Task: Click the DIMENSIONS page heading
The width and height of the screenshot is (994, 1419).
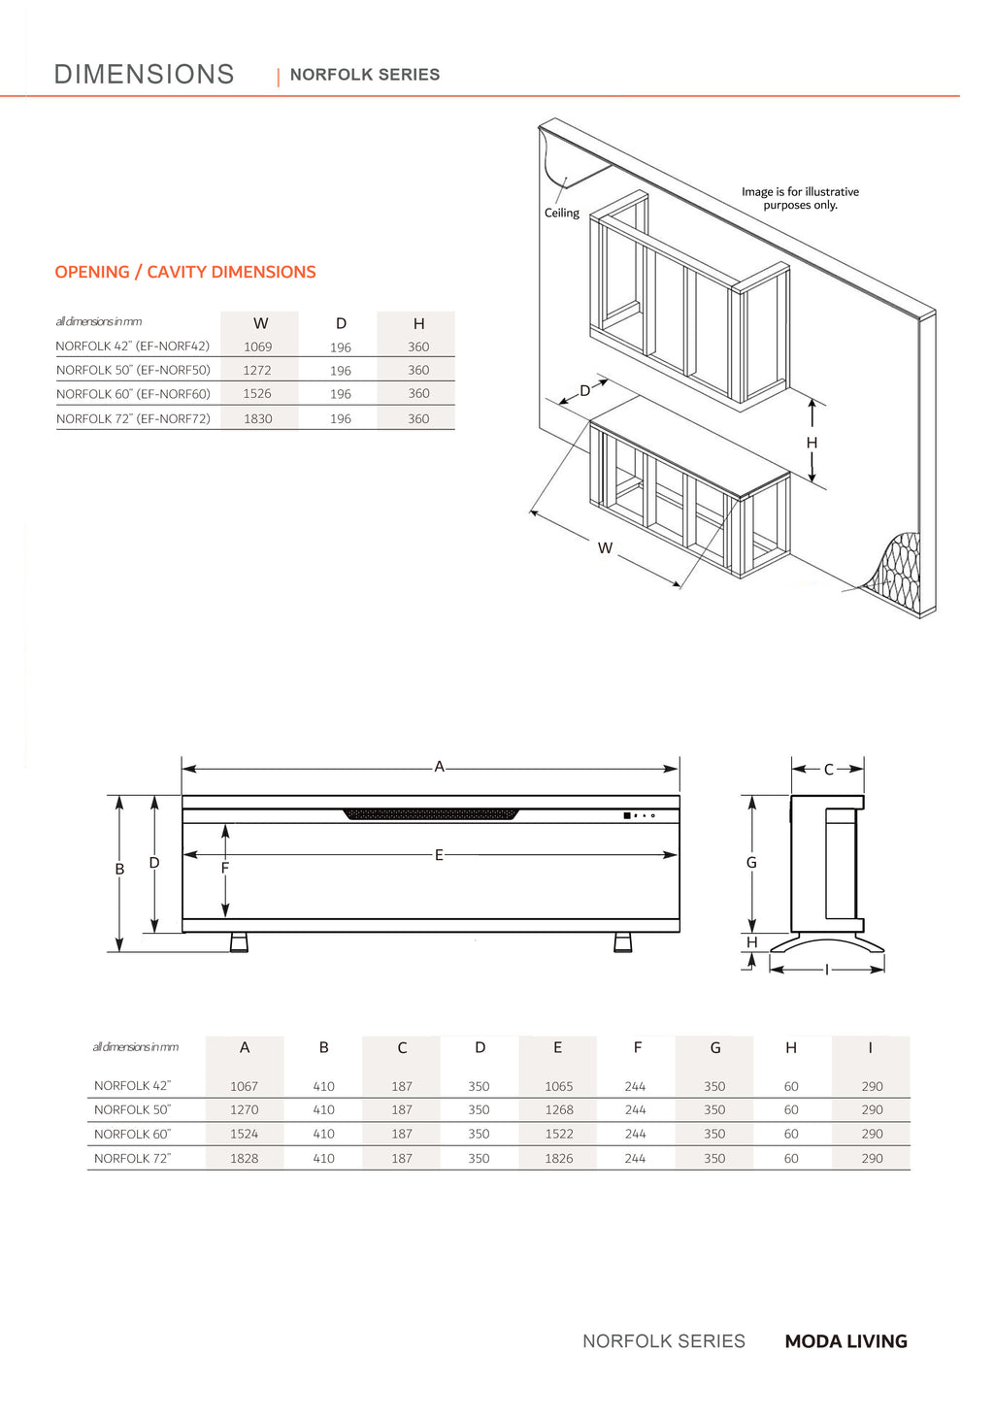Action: [144, 74]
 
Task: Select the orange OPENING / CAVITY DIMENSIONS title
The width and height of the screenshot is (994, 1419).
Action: [185, 272]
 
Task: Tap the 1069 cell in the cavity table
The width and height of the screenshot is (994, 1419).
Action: [258, 346]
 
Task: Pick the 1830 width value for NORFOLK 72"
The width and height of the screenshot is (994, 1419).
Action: [258, 418]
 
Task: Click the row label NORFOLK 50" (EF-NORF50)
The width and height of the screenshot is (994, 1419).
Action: [133, 370]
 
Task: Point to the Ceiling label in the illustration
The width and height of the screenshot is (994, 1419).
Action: [561, 213]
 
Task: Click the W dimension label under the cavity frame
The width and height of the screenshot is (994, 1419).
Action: [605, 548]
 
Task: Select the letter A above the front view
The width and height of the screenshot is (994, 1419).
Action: [439, 767]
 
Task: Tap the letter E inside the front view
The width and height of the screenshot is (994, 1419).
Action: [439, 855]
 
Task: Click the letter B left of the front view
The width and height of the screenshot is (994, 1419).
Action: [119, 870]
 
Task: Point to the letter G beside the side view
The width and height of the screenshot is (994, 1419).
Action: [751, 862]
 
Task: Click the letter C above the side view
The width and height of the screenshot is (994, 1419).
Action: [828, 770]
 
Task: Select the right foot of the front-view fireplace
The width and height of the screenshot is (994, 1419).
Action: [623, 941]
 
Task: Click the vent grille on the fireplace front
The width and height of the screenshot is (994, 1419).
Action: [431, 813]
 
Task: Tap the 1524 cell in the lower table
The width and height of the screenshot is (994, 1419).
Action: [245, 1134]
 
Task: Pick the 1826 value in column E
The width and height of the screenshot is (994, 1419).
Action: [559, 1158]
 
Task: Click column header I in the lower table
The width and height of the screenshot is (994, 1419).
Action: [871, 1048]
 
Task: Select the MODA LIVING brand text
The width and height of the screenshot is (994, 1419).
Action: [845, 1341]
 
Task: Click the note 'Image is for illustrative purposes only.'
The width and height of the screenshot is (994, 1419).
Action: [800, 198]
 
